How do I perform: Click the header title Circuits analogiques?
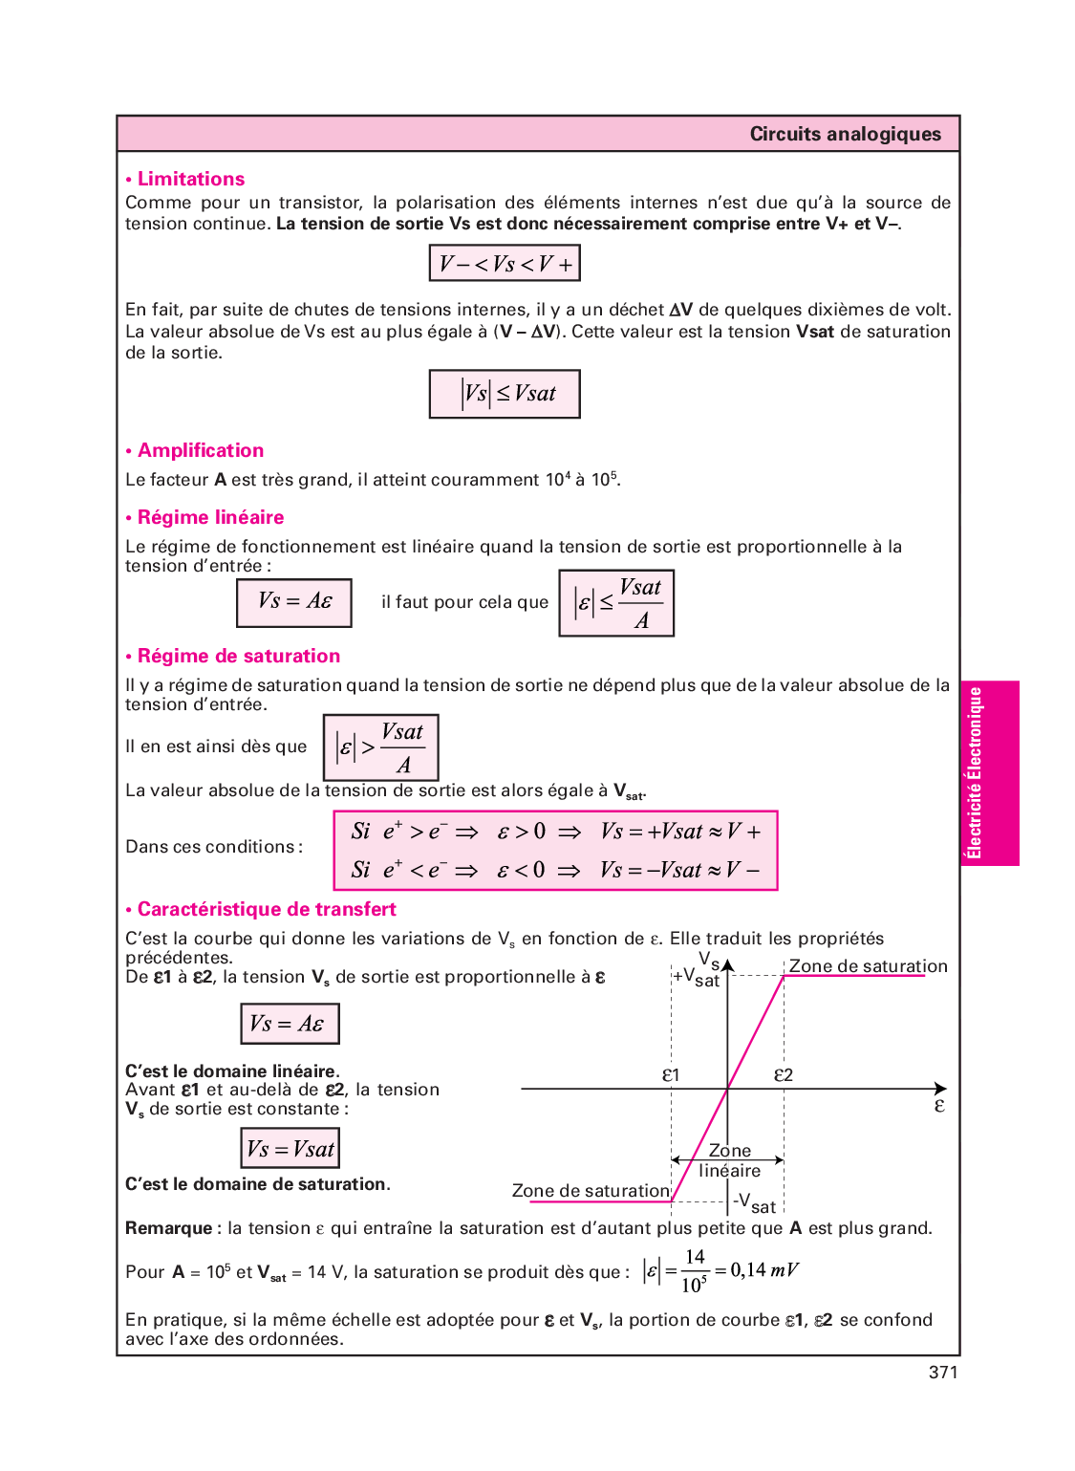pyautogui.click(x=845, y=134)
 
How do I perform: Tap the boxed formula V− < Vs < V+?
pyautogui.click(x=505, y=263)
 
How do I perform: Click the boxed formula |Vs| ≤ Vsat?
pyautogui.click(x=505, y=394)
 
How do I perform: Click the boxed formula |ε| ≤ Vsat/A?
pyautogui.click(x=616, y=603)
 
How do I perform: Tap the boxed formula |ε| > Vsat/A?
pyautogui.click(x=380, y=747)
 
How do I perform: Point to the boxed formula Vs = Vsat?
pyautogui.click(x=290, y=1148)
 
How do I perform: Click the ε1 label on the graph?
pyautogui.click(x=671, y=1075)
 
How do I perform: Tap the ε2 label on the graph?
pyautogui.click(x=784, y=1075)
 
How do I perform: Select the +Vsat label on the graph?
pyautogui.click(x=697, y=977)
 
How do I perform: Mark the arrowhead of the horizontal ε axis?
pyautogui.click(x=942, y=1089)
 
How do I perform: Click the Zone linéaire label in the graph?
pyautogui.click(x=730, y=1161)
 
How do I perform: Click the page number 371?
pyautogui.click(x=942, y=1373)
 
